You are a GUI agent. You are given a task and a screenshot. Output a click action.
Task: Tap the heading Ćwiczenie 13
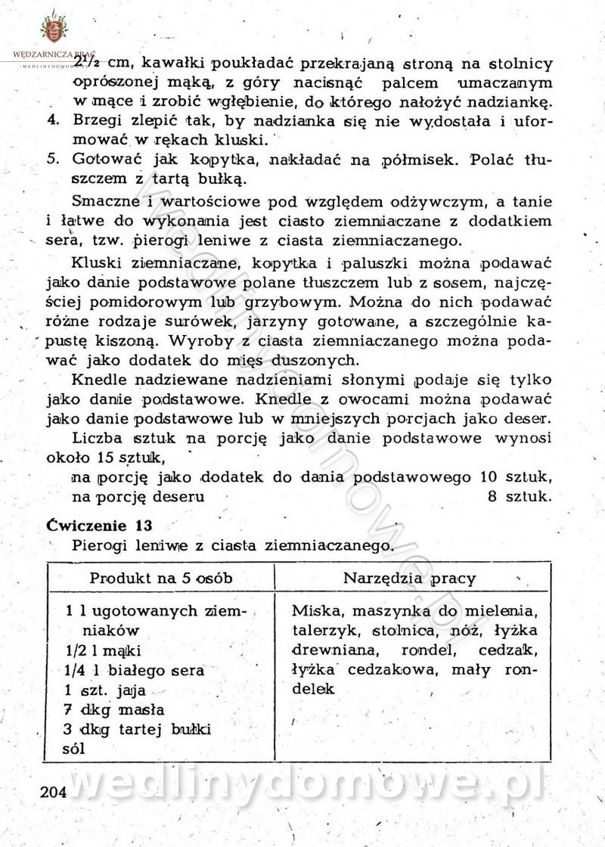[100, 524]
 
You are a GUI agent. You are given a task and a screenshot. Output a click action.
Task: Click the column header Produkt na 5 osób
[161, 579]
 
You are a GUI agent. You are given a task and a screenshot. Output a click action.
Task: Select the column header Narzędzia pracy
[410, 579]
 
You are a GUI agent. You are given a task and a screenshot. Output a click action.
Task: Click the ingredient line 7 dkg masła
[115, 709]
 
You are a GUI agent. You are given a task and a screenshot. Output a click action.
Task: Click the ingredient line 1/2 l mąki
[104, 650]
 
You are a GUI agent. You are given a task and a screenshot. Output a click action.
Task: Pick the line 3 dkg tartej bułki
[138, 729]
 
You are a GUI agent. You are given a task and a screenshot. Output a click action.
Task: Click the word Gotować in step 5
[98, 160]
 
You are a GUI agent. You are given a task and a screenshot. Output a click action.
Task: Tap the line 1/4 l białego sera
[135, 669]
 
